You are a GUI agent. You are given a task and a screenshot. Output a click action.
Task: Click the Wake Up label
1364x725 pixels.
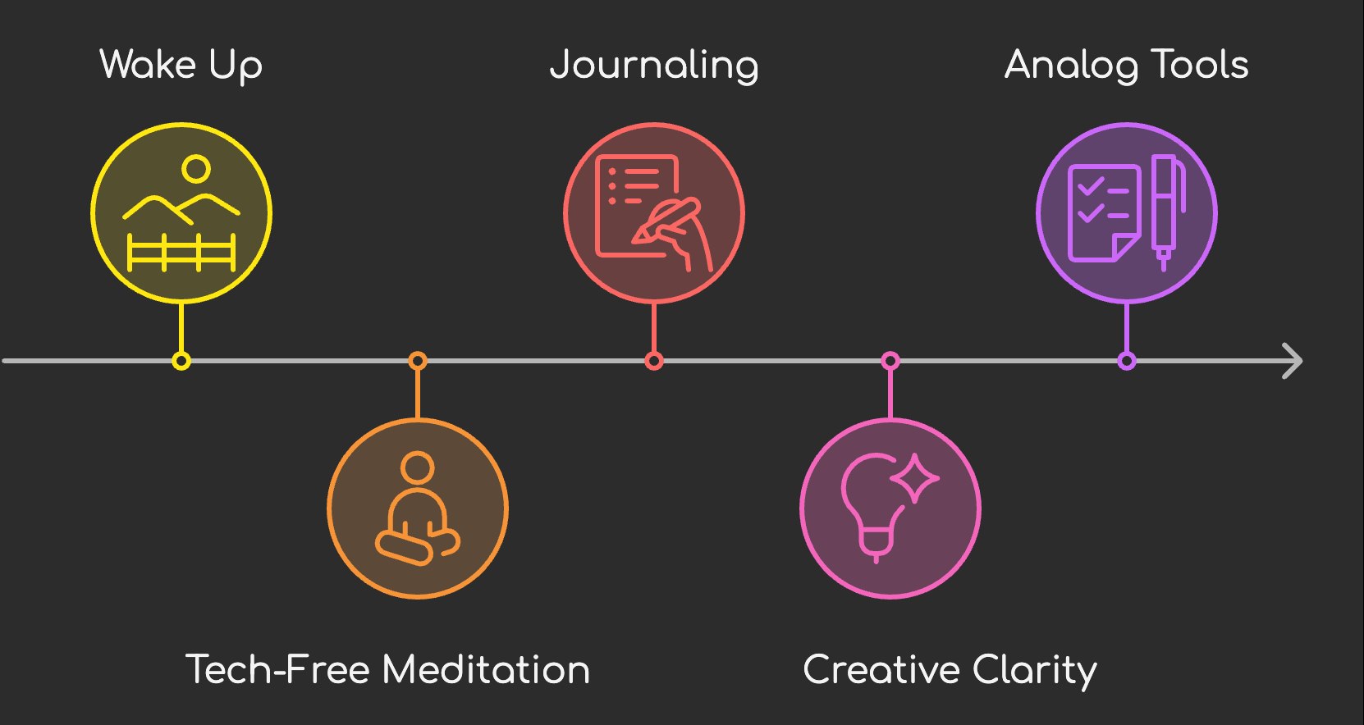click(181, 65)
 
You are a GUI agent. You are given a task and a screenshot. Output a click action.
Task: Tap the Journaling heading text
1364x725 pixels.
click(654, 66)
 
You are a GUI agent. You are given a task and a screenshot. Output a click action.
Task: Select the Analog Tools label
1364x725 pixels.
click(1126, 65)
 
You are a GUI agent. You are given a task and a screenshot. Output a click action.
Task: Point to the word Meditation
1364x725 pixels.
click(486, 669)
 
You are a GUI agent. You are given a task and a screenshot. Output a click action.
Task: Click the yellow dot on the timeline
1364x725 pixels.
click(181, 361)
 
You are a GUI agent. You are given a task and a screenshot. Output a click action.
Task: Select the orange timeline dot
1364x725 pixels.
click(418, 361)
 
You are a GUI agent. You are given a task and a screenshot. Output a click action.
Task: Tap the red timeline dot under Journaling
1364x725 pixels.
click(654, 361)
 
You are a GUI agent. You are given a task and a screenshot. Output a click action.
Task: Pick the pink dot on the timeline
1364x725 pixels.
click(890, 361)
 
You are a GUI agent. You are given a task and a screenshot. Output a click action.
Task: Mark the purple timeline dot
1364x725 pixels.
click(1127, 361)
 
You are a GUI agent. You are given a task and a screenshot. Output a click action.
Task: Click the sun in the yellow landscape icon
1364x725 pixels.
click(196, 169)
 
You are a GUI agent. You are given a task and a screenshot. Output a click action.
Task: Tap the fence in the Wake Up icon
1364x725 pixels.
click(181, 252)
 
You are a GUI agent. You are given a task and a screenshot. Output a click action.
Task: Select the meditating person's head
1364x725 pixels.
click(418, 468)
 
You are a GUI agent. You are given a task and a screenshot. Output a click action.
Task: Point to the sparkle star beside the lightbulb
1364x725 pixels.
click(915, 477)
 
